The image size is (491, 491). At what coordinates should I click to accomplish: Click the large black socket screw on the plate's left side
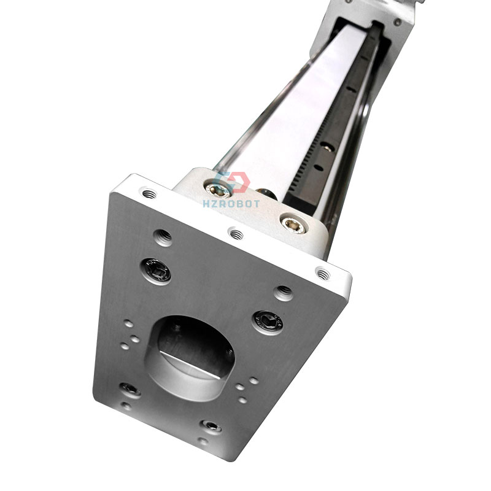156,270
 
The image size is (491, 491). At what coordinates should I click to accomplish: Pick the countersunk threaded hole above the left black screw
163,236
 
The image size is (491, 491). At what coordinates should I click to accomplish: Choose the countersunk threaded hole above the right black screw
284,291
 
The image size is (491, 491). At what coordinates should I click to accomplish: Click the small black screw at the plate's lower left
129,389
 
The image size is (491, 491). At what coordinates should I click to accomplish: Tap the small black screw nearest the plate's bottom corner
212,426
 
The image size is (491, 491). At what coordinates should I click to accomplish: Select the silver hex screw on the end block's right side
293,222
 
